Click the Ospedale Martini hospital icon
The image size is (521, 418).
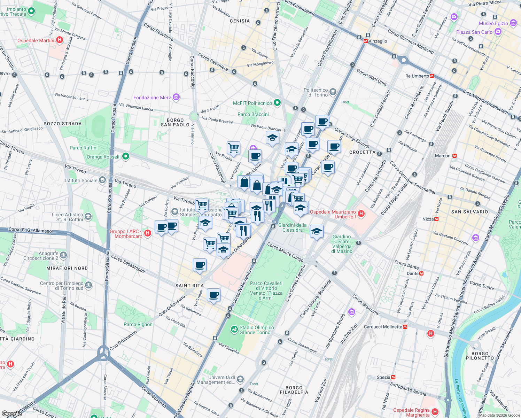tap(60, 40)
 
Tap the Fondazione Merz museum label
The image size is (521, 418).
tap(152, 98)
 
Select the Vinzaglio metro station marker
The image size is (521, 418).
tap(365, 41)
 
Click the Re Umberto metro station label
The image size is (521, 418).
tap(417, 76)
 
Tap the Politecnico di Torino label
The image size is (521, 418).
tap(316, 92)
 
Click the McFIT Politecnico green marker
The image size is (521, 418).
tap(277, 103)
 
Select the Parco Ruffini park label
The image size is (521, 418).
tap(84, 148)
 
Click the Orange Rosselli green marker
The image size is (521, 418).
tap(126, 156)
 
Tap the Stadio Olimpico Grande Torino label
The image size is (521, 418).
tap(257, 330)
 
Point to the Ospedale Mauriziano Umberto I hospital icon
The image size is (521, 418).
tap(361, 214)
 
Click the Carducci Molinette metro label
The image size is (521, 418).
tap(383, 327)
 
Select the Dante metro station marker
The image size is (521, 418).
tap(421, 273)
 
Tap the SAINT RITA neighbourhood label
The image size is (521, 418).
tap(189, 286)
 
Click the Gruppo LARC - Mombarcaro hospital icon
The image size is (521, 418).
tap(147, 233)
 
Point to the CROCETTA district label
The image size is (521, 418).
tap(362, 152)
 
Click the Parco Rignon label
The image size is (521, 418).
tap(138, 324)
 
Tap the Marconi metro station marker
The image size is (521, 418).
tap(454, 156)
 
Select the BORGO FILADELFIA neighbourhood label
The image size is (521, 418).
tap(294, 390)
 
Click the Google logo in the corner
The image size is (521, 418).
tap(11, 413)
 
